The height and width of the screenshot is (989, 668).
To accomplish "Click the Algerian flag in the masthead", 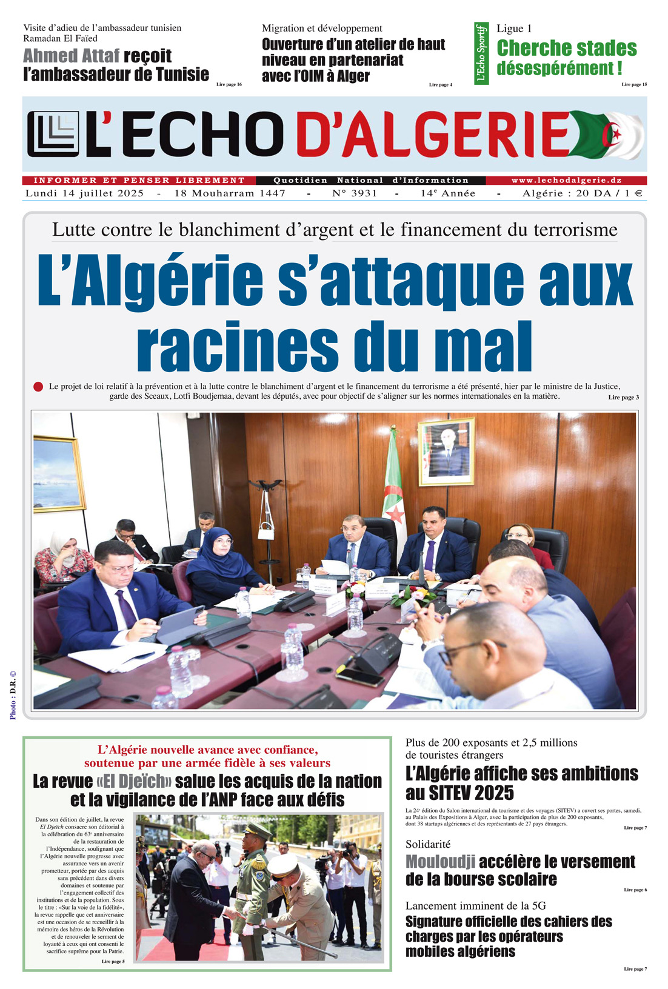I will (x=609, y=134).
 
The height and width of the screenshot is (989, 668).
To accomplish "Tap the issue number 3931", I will (x=355, y=193).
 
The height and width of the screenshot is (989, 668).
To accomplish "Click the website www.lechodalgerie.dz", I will (x=566, y=180).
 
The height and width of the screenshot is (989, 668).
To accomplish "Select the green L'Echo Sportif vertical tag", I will (x=481, y=53).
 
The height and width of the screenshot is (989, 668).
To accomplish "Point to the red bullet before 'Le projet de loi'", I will (x=38, y=387).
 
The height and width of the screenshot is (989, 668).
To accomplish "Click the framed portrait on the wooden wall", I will (x=447, y=451).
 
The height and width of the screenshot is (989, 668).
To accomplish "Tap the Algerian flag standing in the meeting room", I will (x=393, y=485).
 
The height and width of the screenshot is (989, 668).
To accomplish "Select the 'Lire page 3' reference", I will (x=623, y=398).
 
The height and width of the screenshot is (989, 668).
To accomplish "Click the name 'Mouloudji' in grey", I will (x=439, y=861).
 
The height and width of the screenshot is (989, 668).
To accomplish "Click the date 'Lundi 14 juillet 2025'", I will (x=84, y=193).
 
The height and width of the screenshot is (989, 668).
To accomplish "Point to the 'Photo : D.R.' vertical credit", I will (x=13, y=694).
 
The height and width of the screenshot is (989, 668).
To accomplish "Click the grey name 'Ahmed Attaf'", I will (x=71, y=56).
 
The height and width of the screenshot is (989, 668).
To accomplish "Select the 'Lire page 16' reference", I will (x=229, y=84).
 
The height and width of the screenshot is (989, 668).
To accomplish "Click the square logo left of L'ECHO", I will (x=53, y=134).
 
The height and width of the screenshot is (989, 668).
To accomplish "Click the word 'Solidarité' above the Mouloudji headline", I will (x=428, y=844).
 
